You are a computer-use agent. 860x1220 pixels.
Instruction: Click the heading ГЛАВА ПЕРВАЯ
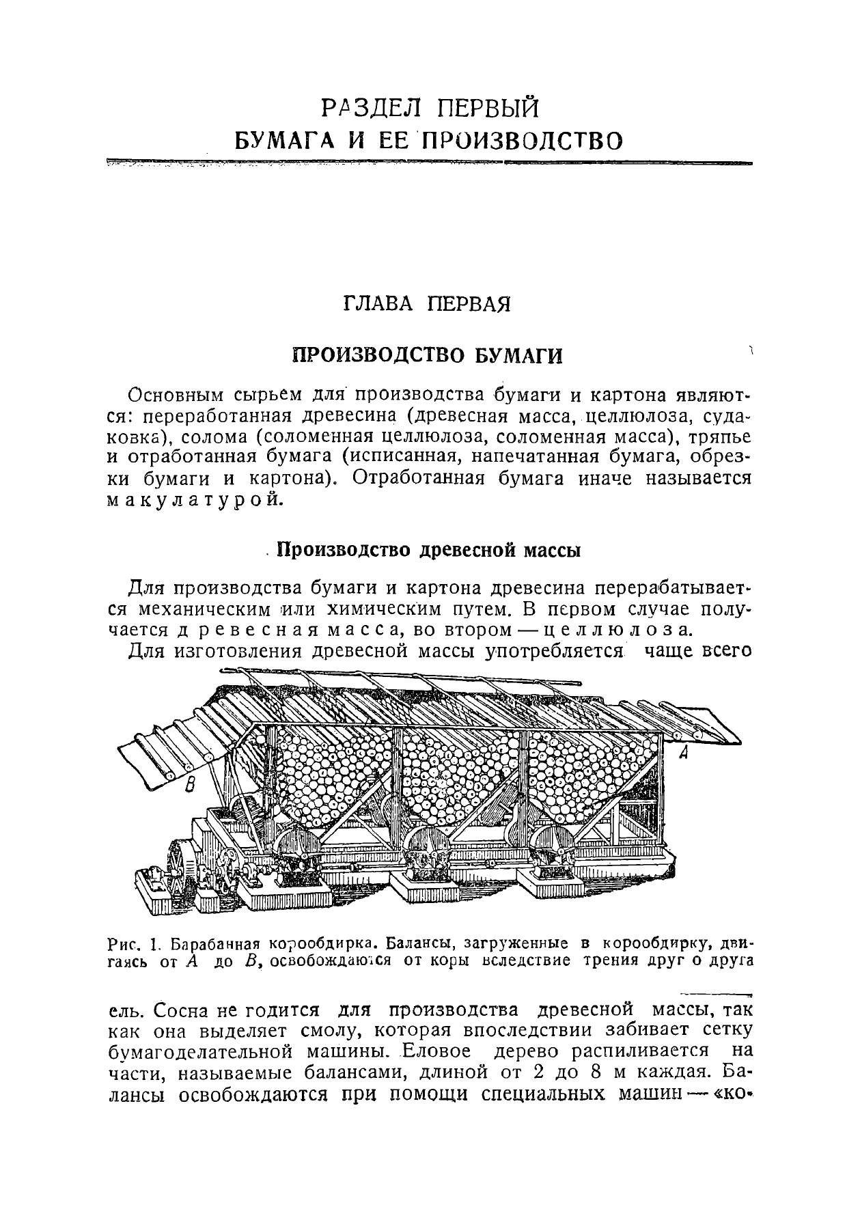[x=427, y=303]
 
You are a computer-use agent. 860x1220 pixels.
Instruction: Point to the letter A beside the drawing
[x=683, y=754]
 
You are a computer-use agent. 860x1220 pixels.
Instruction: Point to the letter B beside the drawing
[x=191, y=787]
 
